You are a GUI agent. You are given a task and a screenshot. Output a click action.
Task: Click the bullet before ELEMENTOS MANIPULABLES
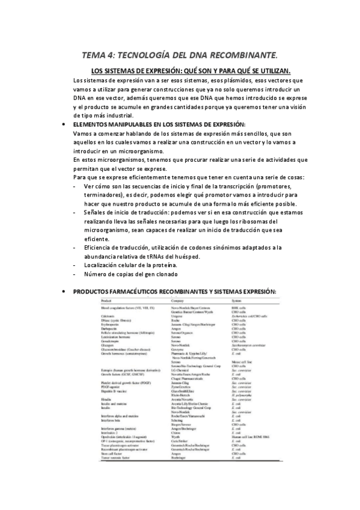tap(64, 124)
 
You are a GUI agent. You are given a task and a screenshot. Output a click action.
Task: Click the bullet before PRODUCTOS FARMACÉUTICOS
tap(64, 291)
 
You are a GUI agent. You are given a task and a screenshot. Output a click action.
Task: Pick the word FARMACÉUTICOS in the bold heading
tap(141, 291)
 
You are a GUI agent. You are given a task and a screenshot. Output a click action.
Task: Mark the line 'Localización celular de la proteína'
tap(131, 265)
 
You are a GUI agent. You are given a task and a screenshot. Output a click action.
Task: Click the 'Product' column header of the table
tap(106, 300)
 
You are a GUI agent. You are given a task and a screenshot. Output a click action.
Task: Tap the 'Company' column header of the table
tap(177, 300)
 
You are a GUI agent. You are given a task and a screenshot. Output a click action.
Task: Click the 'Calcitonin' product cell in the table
tap(109, 315)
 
